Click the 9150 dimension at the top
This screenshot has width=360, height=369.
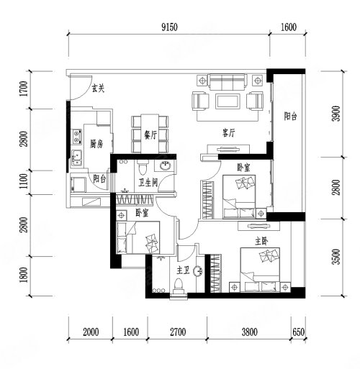pyautogui.click(x=169, y=27)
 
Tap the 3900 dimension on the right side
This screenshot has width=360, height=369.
pyautogui.click(x=337, y=114)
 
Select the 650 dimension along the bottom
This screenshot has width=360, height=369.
pyautogui.click(x=299, y=332)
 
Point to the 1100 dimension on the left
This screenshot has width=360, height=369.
pyautogui.click(x=24, y=181)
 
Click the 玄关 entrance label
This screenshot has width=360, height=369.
pyautogui.click(x=99, y=88)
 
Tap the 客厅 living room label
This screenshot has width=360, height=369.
pyautogui.click(x=229, y=132)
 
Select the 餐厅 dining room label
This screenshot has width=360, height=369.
pyautogui.click(x=150, y=135)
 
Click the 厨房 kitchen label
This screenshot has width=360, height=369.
pyautogui.click(x=96, y=144)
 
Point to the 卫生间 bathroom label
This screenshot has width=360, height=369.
pyautogui.click(x=148, y=183)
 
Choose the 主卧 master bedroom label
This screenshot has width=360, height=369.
pyautogui.click(x=261, y=242)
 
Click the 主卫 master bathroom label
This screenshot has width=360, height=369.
pyautogui.click(x=184, y=270)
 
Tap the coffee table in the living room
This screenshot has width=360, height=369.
pyautogui.click(x=228, y=101)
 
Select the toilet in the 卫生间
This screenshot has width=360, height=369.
pyautogui.click(x=143, y=168)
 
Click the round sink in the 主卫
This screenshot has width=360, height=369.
pyautogui.click(x=198, y=271)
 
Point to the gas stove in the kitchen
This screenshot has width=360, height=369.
pyautogui.click(x=76, y=136)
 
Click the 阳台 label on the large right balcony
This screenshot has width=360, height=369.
pyautogui.click(x=290, y=117)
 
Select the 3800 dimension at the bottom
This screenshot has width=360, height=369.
pyautogui.click(x=250, y=332)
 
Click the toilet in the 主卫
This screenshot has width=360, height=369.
pyautogui.click(x=179, y=286)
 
